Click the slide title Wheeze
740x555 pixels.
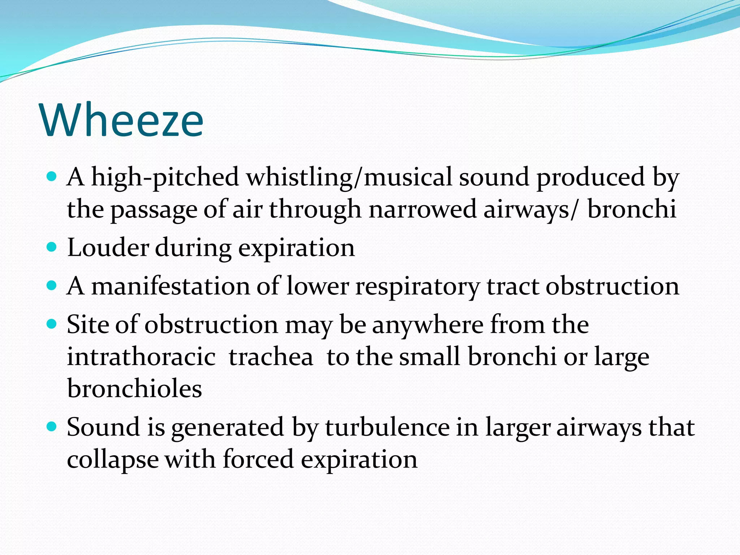(122, 120)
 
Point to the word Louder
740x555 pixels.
(108, 248)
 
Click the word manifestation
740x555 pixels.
(171, 286)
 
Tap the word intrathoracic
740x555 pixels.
(141, 357)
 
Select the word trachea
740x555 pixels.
(271, 357)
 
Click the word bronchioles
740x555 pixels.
(134, 389)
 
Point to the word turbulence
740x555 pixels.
(387, 427)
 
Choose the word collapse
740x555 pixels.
(113, 460)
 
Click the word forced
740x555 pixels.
(258, 459)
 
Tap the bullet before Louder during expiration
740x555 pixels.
(52, 247)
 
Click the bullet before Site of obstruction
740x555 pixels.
(52, 324)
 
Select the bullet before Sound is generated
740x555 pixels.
(52, 427)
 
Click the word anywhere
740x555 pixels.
(428, 324)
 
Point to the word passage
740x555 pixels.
(154, 210)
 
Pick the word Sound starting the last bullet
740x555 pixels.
(103, 427)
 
